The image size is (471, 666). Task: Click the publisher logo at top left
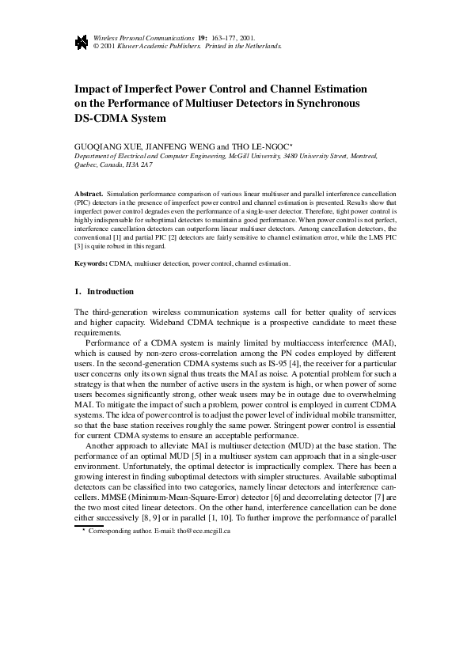pyautogui.click(x=81, y=42)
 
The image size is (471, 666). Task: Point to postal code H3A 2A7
pyautogui.click(x=139, y=165)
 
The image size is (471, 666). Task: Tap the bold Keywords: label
pyautogui.click(x=91, y=263)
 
